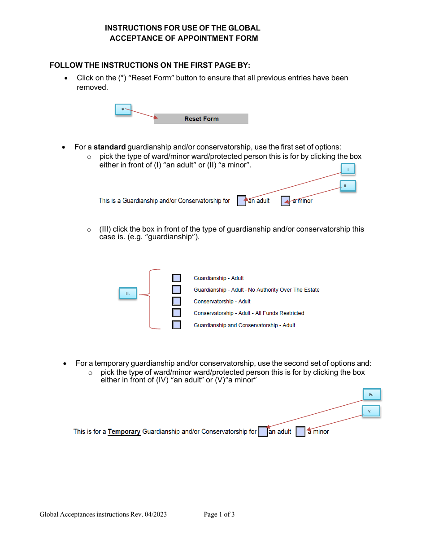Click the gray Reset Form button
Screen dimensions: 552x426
click(201, 119)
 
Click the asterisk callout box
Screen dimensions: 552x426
click(123, 110)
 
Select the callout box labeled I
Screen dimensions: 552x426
click(348, 170)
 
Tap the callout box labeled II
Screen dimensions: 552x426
click(348, 186)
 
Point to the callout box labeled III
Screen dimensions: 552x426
click(127, 294)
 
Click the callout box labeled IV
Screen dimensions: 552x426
click(371, 394)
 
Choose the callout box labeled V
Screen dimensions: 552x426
click(371, 411)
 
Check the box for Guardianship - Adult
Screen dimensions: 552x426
click(177, 278)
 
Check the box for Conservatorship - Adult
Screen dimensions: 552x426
click(177, 302)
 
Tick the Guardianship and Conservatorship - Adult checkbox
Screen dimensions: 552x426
click(177, 325)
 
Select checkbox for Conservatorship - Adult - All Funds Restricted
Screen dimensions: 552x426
click(177, 313)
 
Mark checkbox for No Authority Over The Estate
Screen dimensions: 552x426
click(177, 290)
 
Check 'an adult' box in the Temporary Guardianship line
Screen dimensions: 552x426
click(263, 432)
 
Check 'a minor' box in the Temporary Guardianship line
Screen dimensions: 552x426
click(300, 432)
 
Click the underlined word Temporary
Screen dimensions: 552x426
click(124, 432)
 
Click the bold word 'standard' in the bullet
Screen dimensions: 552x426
click(109, 147)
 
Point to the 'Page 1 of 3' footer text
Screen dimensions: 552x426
click(219, 514)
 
